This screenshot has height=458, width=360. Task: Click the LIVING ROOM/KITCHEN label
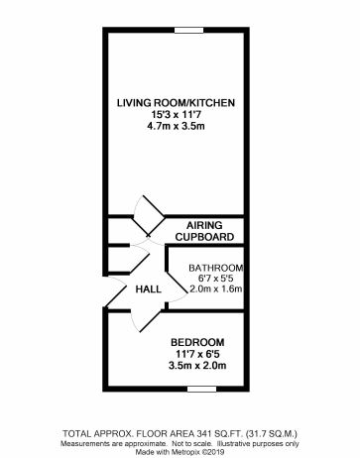point(176,102)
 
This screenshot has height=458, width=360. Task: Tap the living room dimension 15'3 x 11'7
point(176,114)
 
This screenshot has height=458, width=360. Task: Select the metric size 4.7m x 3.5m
point(176,127)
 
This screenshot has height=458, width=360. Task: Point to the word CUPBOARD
point(203,238)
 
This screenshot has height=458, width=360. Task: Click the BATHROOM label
point(215,268)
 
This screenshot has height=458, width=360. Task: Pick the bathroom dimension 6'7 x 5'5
point(215,279)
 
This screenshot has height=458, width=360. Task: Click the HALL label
point(148,288)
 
